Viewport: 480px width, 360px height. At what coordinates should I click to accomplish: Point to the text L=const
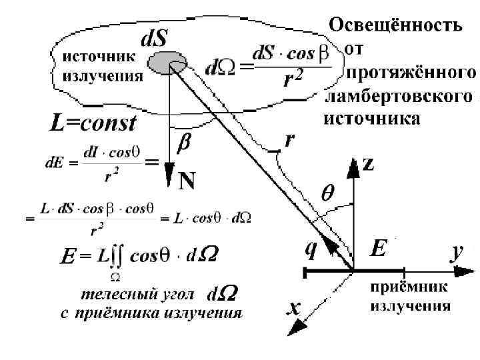point(93,123)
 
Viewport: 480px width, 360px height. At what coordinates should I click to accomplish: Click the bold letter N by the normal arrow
point(186,181)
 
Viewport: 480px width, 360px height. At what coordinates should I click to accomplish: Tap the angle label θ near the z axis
point(329,193)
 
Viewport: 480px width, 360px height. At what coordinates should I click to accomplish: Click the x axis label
point(294,308)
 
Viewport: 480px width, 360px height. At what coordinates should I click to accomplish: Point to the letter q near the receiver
point(310,249)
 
